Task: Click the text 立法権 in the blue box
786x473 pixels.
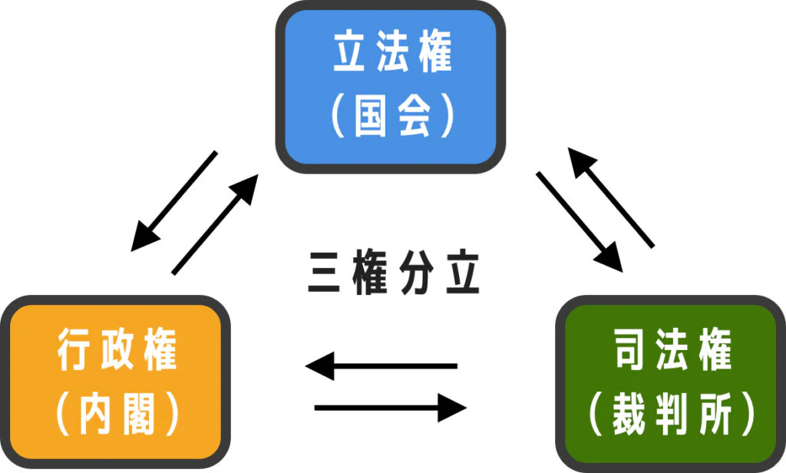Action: tap(392, 54)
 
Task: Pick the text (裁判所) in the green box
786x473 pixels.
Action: tap(672, 415)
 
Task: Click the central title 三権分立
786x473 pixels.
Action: tap(394, 273)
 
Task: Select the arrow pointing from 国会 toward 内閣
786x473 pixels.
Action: tap(175, 200)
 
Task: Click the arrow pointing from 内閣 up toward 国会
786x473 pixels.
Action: tap(216, 223)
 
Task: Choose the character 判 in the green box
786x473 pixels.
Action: tap(672, 415)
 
